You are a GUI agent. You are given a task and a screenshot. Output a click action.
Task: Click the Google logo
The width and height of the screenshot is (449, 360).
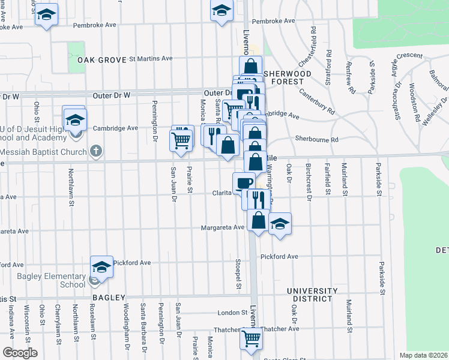[19, 353]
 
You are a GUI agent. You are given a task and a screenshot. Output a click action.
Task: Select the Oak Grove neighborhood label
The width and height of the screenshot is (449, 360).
[101, 60]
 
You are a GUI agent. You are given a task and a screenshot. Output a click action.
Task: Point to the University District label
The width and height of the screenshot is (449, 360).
[309, 294]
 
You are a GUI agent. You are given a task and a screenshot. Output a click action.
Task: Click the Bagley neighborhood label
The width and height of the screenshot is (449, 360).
[109, 298]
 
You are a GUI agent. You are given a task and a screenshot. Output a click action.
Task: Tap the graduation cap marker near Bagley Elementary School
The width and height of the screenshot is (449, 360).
[101, 266]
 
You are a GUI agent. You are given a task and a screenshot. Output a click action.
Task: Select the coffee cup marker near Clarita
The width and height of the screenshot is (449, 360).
[244, 182]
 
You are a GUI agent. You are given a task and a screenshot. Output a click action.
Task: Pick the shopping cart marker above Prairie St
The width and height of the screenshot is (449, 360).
[181, 139]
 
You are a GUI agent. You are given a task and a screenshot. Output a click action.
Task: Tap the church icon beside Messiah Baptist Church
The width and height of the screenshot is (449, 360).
[95, 152]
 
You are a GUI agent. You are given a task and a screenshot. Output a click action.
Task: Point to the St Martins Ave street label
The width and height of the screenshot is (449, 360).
[150, 59]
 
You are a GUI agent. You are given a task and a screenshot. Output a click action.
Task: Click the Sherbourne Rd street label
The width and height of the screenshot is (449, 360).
[316, 139]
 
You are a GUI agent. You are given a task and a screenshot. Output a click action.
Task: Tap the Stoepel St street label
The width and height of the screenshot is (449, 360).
[238, 273]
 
